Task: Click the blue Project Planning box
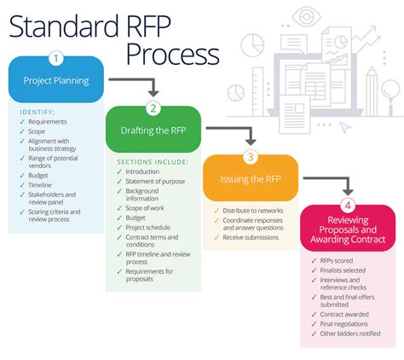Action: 56,81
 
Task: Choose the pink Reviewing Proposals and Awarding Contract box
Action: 347,229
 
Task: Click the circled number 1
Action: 56,58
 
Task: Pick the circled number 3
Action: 250,156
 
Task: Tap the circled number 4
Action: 347,204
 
